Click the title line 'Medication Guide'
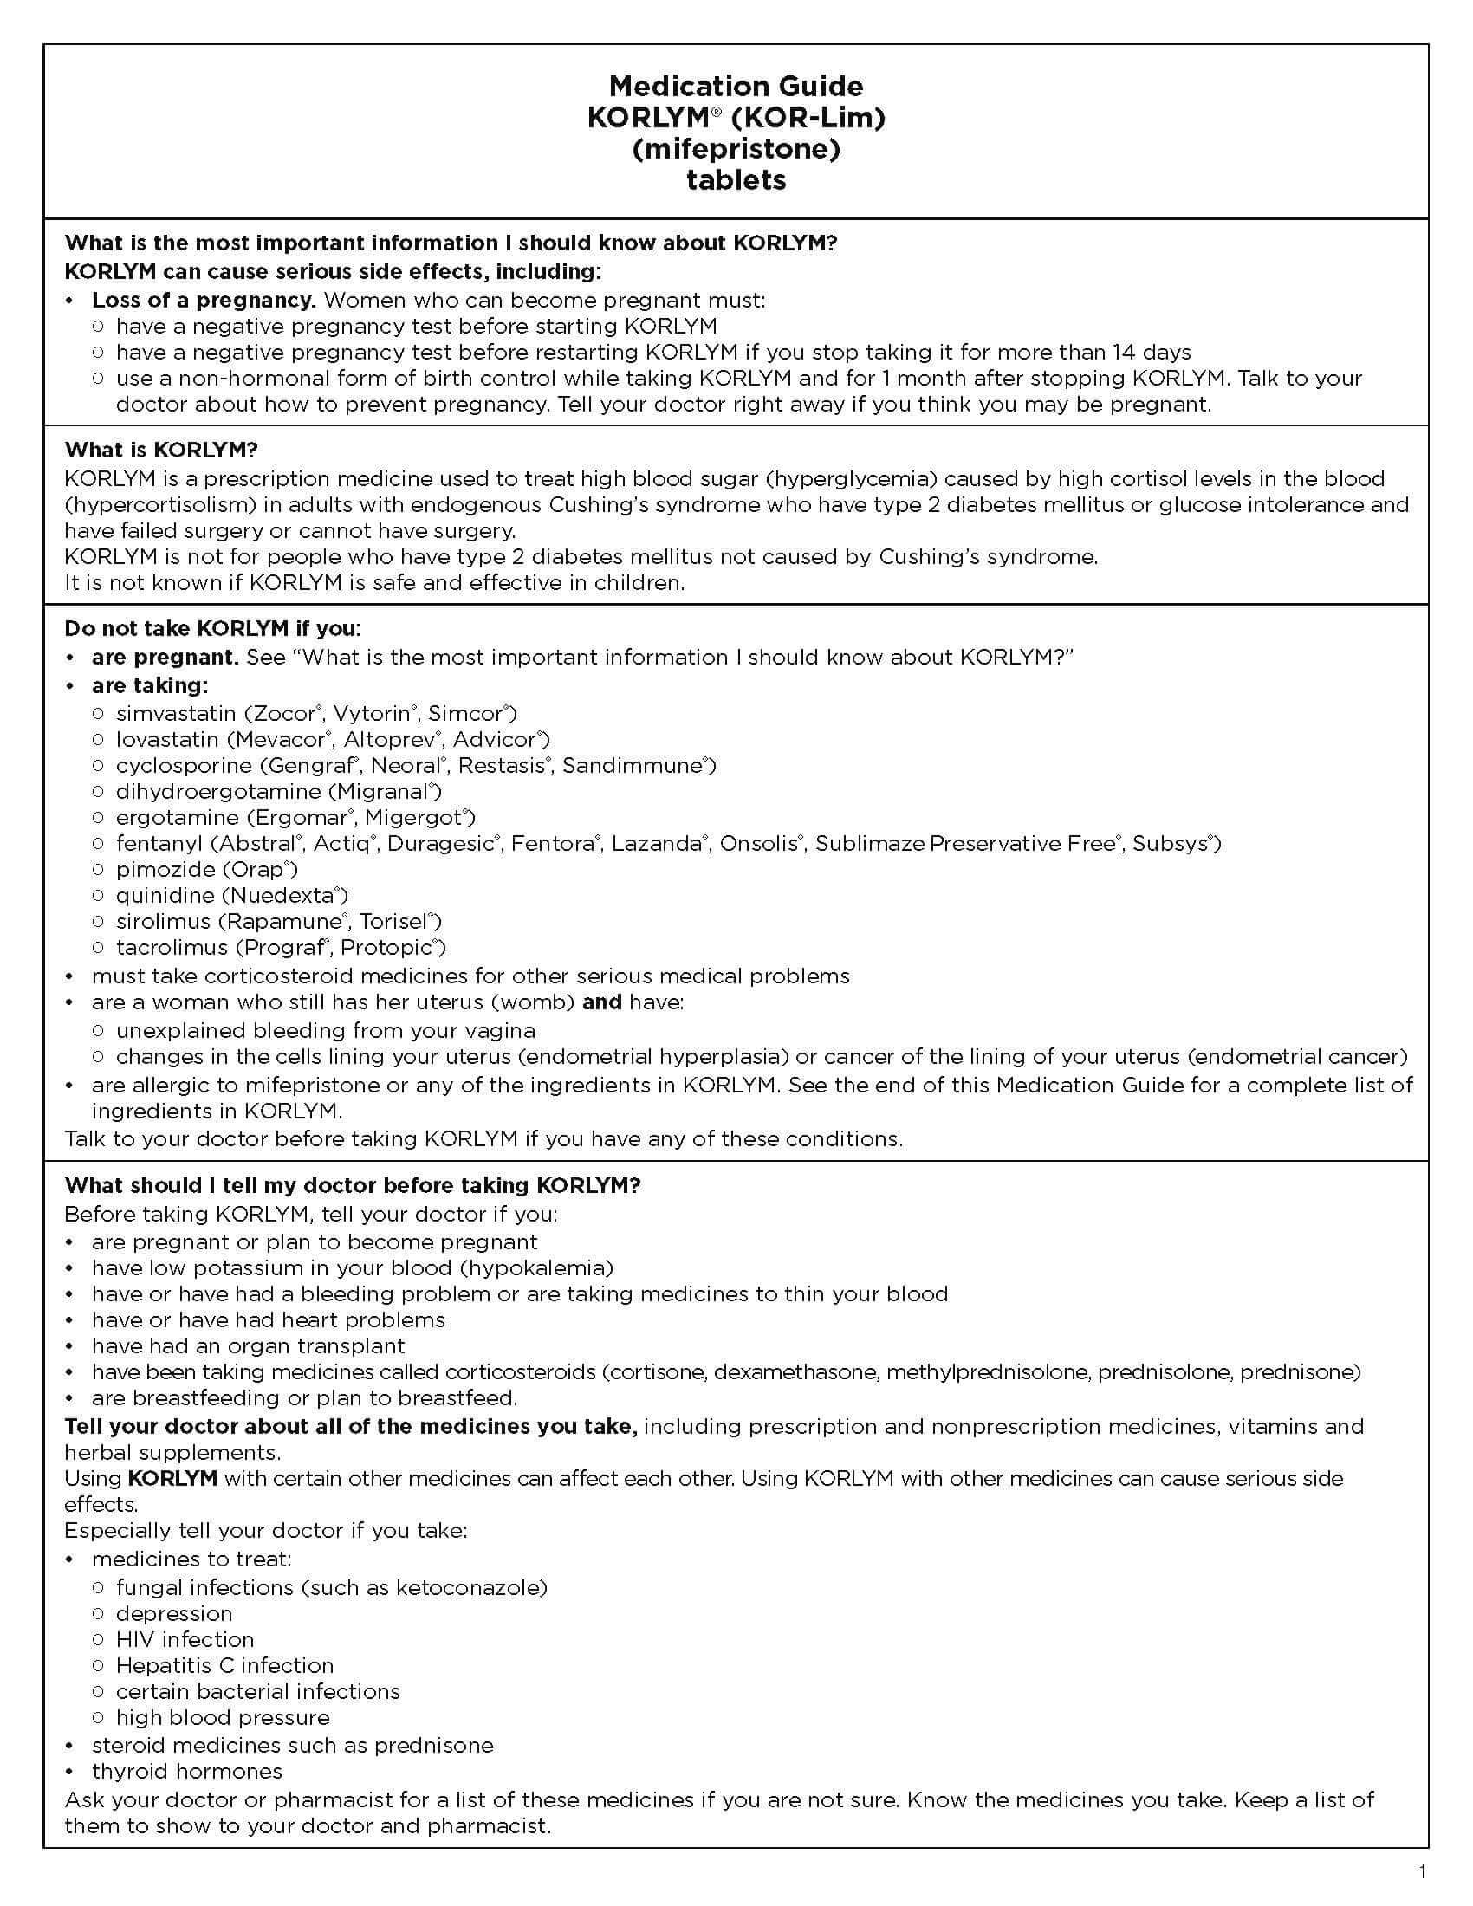point(736,86)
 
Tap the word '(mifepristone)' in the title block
point(736,148)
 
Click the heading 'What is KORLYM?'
point(160,451)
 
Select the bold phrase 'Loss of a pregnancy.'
point(204,301)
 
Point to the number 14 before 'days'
point(1124,352)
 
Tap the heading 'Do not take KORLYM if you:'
point(212,628)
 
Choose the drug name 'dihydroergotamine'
point(218,792)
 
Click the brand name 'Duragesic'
point(443,843)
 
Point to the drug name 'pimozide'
point(165,869)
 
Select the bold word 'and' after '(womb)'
point(601,1002)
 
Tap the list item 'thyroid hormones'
point(187,1771)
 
